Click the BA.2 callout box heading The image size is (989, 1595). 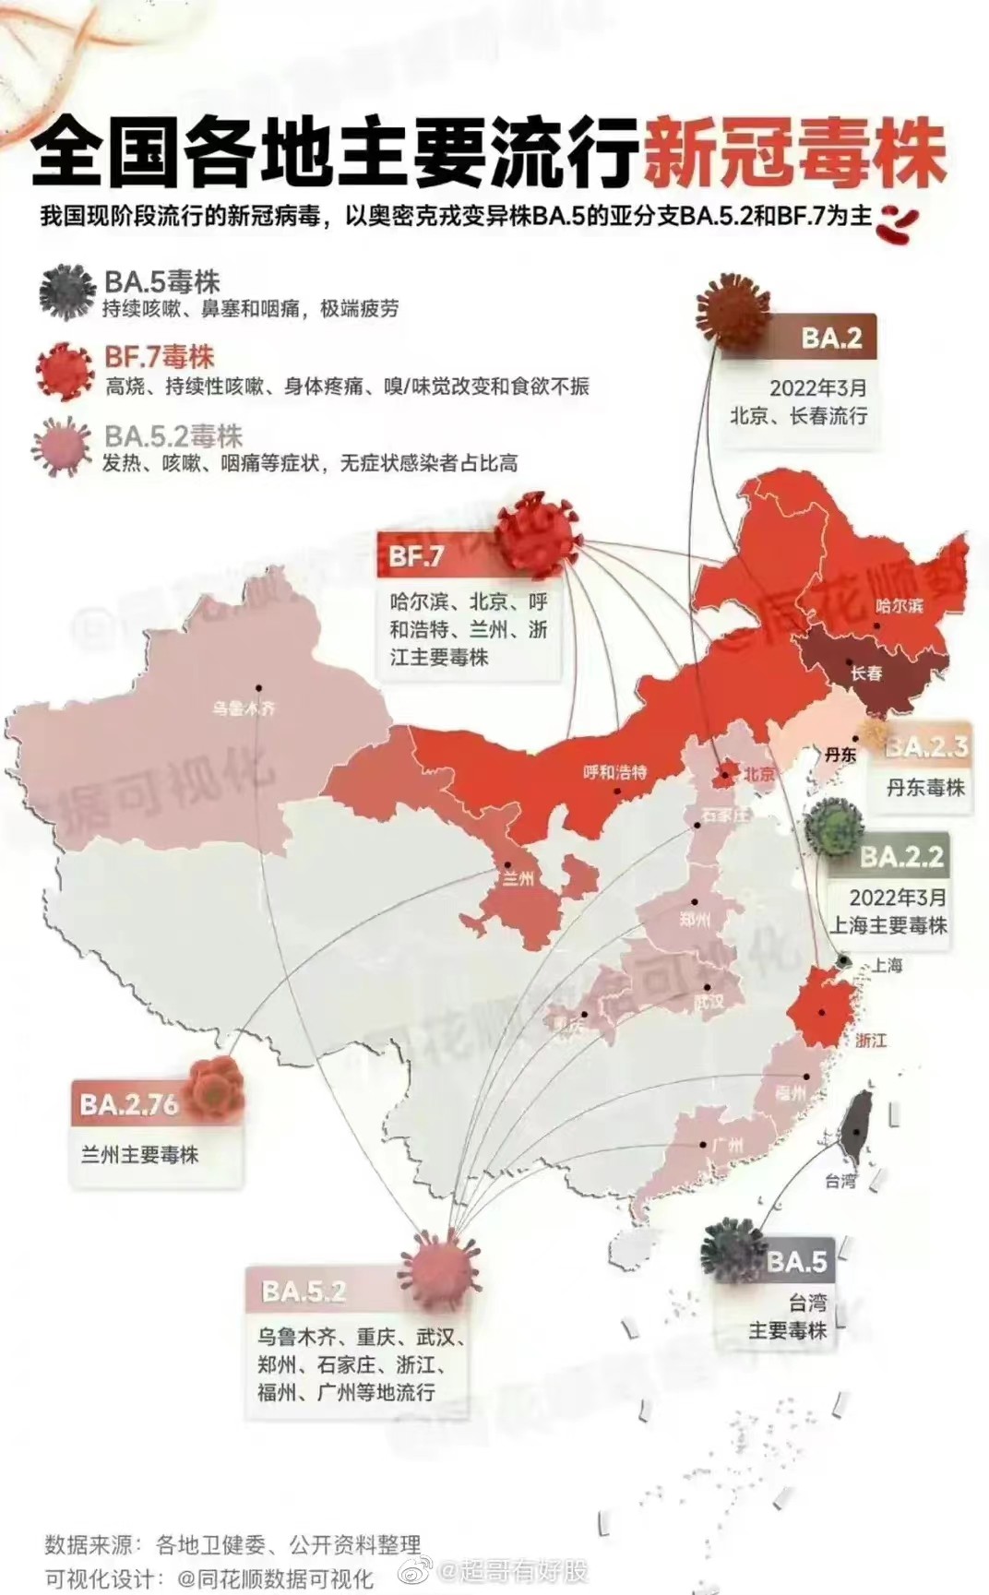click(x=831, y=338)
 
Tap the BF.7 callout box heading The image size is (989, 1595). click(x=417, y=555)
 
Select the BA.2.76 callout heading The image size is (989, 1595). click(x=129, y=1104)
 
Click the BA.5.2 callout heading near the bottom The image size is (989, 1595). click(x=304, y=1291)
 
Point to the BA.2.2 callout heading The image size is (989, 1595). click(x=900, y=857)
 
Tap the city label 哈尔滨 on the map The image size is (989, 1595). click(x=899, y=605)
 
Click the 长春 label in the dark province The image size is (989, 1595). click(x=865, y=673)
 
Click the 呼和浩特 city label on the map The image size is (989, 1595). click(x=614, y=772)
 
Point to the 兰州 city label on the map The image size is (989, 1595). click(x=518, y=878)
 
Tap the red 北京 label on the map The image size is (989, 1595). click(x=759, y=774)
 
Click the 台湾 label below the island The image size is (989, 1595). click(x=840, y=1180)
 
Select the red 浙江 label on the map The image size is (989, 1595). click(x=870, y=1040)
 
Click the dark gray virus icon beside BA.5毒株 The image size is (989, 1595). click(x=67, y=292)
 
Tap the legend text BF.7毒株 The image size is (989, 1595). click(x=160, y=357)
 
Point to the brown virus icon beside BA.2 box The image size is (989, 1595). click(x=733, y=315)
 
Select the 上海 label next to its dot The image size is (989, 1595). click(x=887, y=965)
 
